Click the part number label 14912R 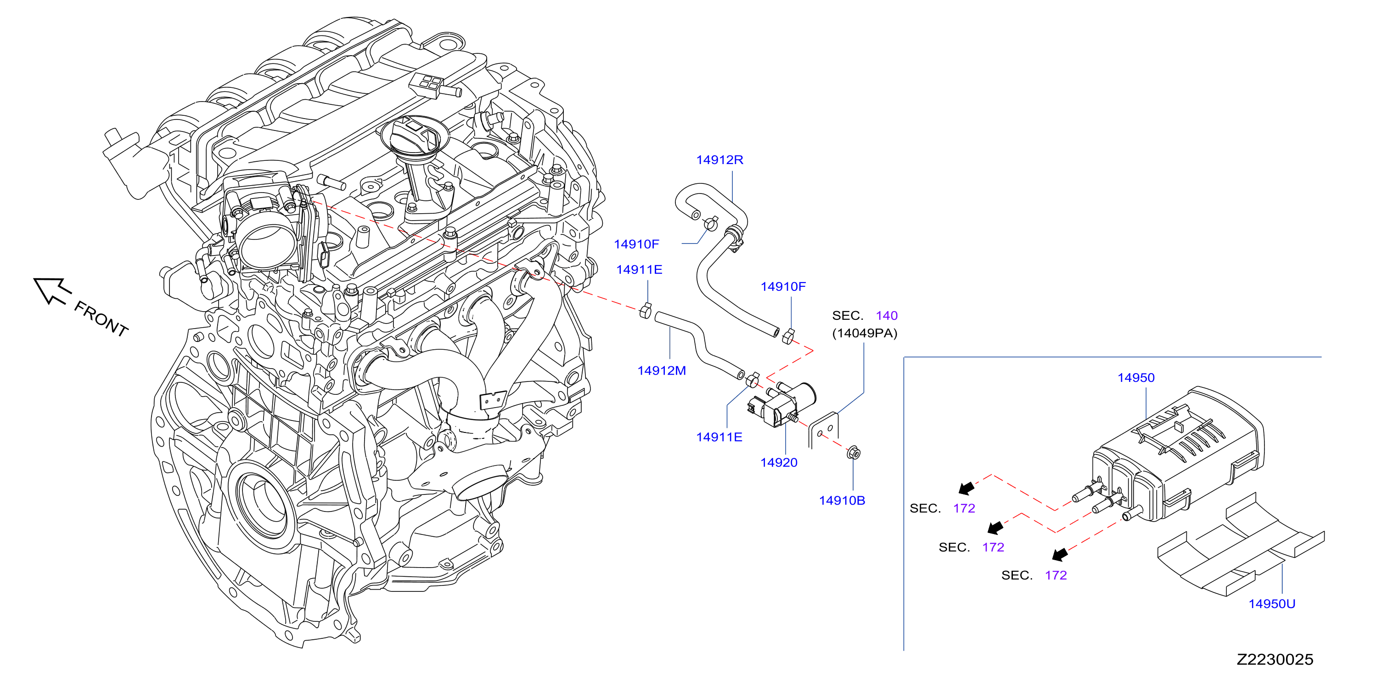coord(719,160)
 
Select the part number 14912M coord(662,370)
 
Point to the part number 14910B coord(842,500)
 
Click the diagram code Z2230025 coord(1275,659)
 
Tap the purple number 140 coord(886,315)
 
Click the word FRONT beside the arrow coord(101,319)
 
